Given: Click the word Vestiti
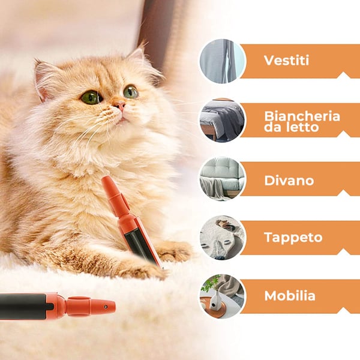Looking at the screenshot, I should click(x=286, y=61).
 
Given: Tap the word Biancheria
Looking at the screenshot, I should click(x=302, y=116).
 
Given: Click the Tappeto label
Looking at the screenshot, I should click(x=293, y=237).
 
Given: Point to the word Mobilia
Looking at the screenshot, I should click(x=290, y=296).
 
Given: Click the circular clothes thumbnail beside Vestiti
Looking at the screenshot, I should click(x=222, y=61).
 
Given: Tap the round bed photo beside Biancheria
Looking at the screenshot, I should click(x=222, y=120).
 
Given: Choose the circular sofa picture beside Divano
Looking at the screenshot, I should click(x=222, y=179).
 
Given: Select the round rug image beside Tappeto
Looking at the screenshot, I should click(x=222, y=238).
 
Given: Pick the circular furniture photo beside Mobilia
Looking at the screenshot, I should click(x=222, y=296).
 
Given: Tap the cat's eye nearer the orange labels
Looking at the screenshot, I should click(x=130, y=92).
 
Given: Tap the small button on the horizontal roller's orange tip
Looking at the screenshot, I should click(x=106, y=306).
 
